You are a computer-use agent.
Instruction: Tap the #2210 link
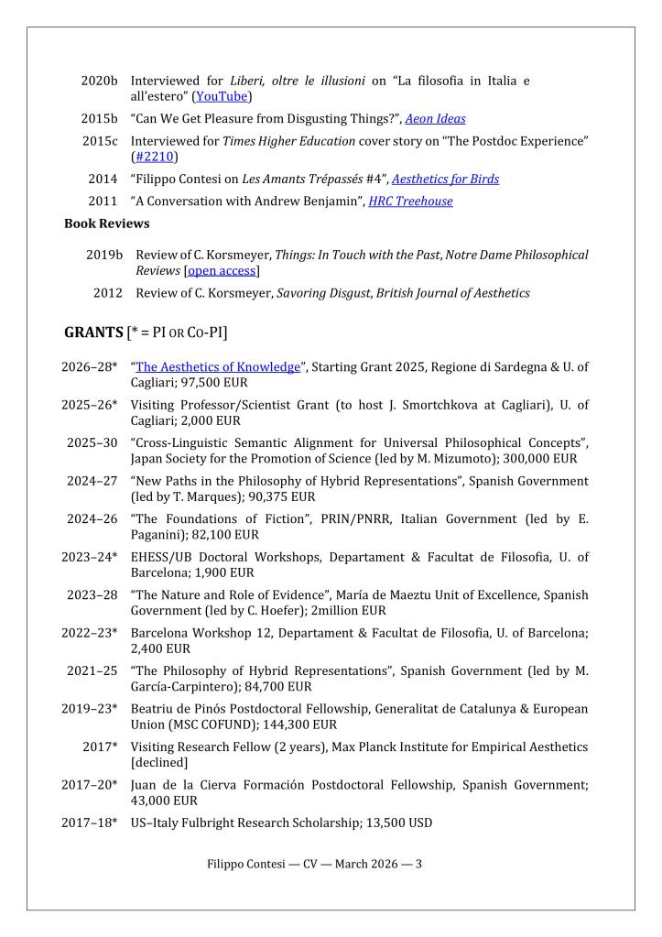pyautogui.click(x=154, y=157)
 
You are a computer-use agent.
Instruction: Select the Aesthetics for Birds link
pyautogui.click(x=445, y=179)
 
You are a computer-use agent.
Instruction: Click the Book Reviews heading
pyautogui.click(x=107, y=223)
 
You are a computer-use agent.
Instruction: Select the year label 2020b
pyautogui.click(x=99, y=81)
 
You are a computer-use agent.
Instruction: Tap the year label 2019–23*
pyautogui.click(x=90, y=709)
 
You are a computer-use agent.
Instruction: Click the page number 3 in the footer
pyautogui.click(x=418, y=863)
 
